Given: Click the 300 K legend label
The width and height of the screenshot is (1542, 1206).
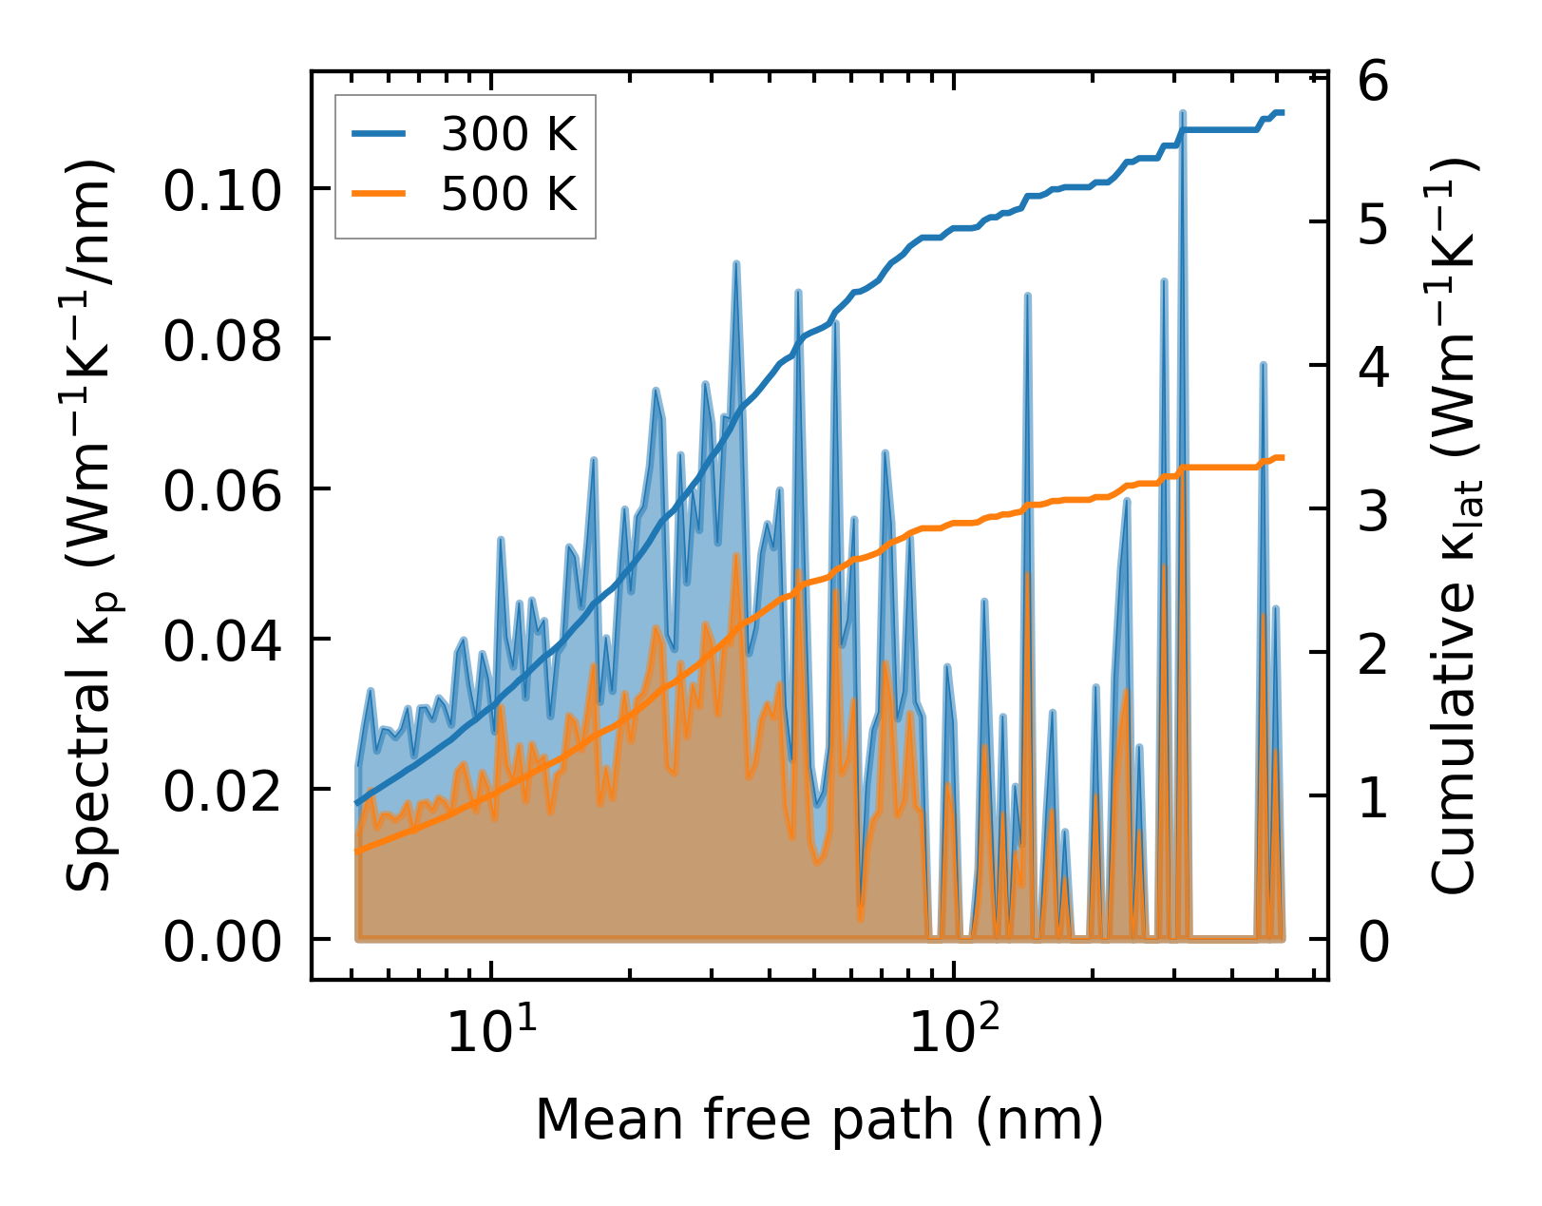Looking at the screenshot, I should click(508, 136).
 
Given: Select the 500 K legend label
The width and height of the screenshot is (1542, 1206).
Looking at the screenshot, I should click(508, 195).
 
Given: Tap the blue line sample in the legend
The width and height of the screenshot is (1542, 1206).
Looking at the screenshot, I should click(379, 135).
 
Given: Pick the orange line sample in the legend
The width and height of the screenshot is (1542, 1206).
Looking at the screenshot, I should click(379, 194).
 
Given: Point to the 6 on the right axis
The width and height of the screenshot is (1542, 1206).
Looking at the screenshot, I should click(1374, 82).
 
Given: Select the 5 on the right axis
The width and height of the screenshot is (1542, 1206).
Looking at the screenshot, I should click(1374, 224).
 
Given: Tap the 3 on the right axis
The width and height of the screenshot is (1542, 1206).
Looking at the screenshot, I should click(1374, 511).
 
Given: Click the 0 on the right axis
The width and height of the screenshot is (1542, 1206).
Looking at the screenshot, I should click(1374, 942).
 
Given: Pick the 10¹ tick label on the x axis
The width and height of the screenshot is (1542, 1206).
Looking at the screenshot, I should click(491, 1032).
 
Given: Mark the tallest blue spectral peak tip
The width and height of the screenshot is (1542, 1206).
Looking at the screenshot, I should click(1182, 113).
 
